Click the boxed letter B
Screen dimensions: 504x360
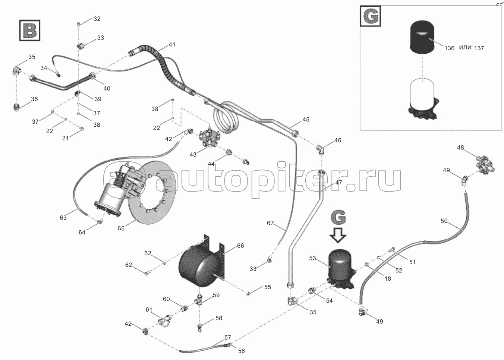point(30,31)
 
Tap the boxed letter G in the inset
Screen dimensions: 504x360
point(371,16)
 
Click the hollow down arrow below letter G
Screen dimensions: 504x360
point(338,235)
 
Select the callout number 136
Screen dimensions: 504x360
point(449,48)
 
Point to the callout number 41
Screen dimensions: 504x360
point(172,45)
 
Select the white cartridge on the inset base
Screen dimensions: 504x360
point(422,95)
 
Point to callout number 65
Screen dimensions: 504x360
point(121,228)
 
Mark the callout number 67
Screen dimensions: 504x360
point(270,223)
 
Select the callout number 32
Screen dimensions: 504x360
point(97,19)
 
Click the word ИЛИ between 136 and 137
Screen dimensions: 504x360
point(464,47)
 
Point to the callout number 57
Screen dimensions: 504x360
point(228,338)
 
